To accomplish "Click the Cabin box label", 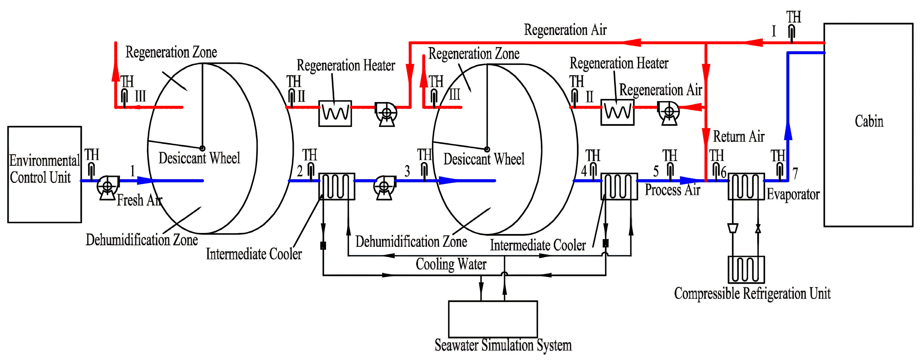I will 868,121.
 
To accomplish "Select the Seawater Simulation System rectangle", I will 493,319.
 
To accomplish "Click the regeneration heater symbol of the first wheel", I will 335,113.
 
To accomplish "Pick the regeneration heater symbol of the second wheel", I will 617,112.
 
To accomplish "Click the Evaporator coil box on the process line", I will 746,186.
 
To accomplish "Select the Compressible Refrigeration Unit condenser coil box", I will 746,269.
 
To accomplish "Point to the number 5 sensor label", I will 656,171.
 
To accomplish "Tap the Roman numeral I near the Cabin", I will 774,31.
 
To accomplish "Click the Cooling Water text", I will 451,265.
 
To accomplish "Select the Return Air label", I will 739,137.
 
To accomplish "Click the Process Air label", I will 672,190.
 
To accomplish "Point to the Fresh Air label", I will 140,200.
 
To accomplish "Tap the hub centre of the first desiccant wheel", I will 202,148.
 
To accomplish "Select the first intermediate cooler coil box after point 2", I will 336,186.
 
